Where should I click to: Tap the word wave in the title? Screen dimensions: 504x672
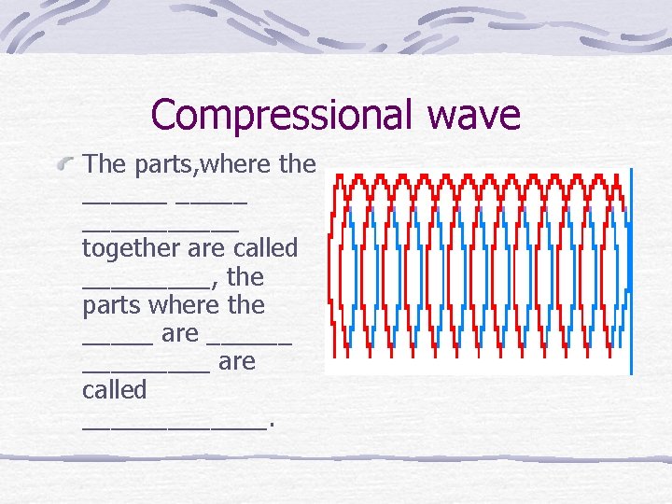(x=474, y=115)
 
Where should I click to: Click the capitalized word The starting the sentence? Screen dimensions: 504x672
(x=105, y=164)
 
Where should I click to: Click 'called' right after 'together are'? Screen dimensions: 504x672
(x=261, y=249)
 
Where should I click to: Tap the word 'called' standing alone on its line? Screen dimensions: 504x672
(x=115, y=389)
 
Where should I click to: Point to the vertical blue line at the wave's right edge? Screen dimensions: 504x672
(x=631, y=271)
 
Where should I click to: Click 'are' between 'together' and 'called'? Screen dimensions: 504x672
(x=205, y=250)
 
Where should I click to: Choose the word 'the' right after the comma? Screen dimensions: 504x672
(x=245, y=277)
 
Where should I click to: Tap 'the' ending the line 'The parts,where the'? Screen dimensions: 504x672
(x=298, y=165)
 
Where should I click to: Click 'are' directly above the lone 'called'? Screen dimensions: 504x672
(x=237, y=361)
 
